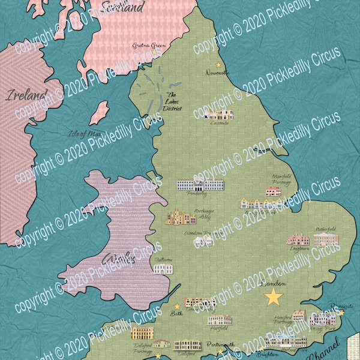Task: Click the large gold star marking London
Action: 274,296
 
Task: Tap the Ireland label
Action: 26,95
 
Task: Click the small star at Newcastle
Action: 218,65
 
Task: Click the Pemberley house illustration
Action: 200,187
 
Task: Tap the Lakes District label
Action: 175,103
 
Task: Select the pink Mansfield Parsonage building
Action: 274,192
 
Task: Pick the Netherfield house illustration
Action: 326,240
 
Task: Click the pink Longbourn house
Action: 298,239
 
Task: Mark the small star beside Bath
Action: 177,306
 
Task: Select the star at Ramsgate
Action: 342,312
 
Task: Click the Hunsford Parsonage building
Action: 299,316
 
